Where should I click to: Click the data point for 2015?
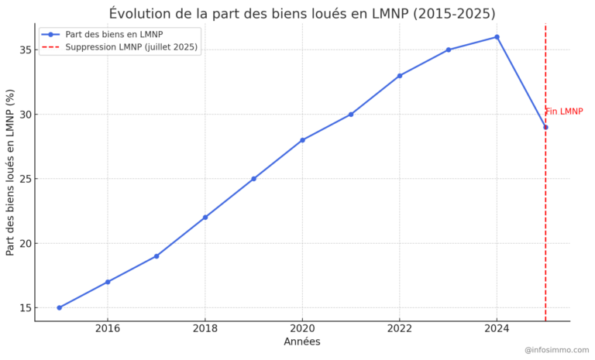click(59, 307)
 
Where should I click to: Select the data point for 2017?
click(156, 256)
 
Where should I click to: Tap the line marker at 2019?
click(253, 179)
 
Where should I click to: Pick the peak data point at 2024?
click(497, 37)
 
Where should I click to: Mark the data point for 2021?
click(351, 115)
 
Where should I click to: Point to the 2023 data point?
click(448, 50)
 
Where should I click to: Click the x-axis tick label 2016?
click(108, 329)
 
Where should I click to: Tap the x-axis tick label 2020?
click(302, 329)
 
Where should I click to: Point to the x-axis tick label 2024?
click(497, 329)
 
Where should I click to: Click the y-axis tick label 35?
click(24, 50)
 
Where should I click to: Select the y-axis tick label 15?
click(24, 308)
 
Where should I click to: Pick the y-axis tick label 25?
click(24, 179)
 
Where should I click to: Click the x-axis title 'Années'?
click(302, 341)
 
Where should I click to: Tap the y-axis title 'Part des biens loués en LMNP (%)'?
click(10, 173)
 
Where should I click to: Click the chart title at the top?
click(302, 13)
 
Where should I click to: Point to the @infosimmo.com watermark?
click(556, 350)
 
